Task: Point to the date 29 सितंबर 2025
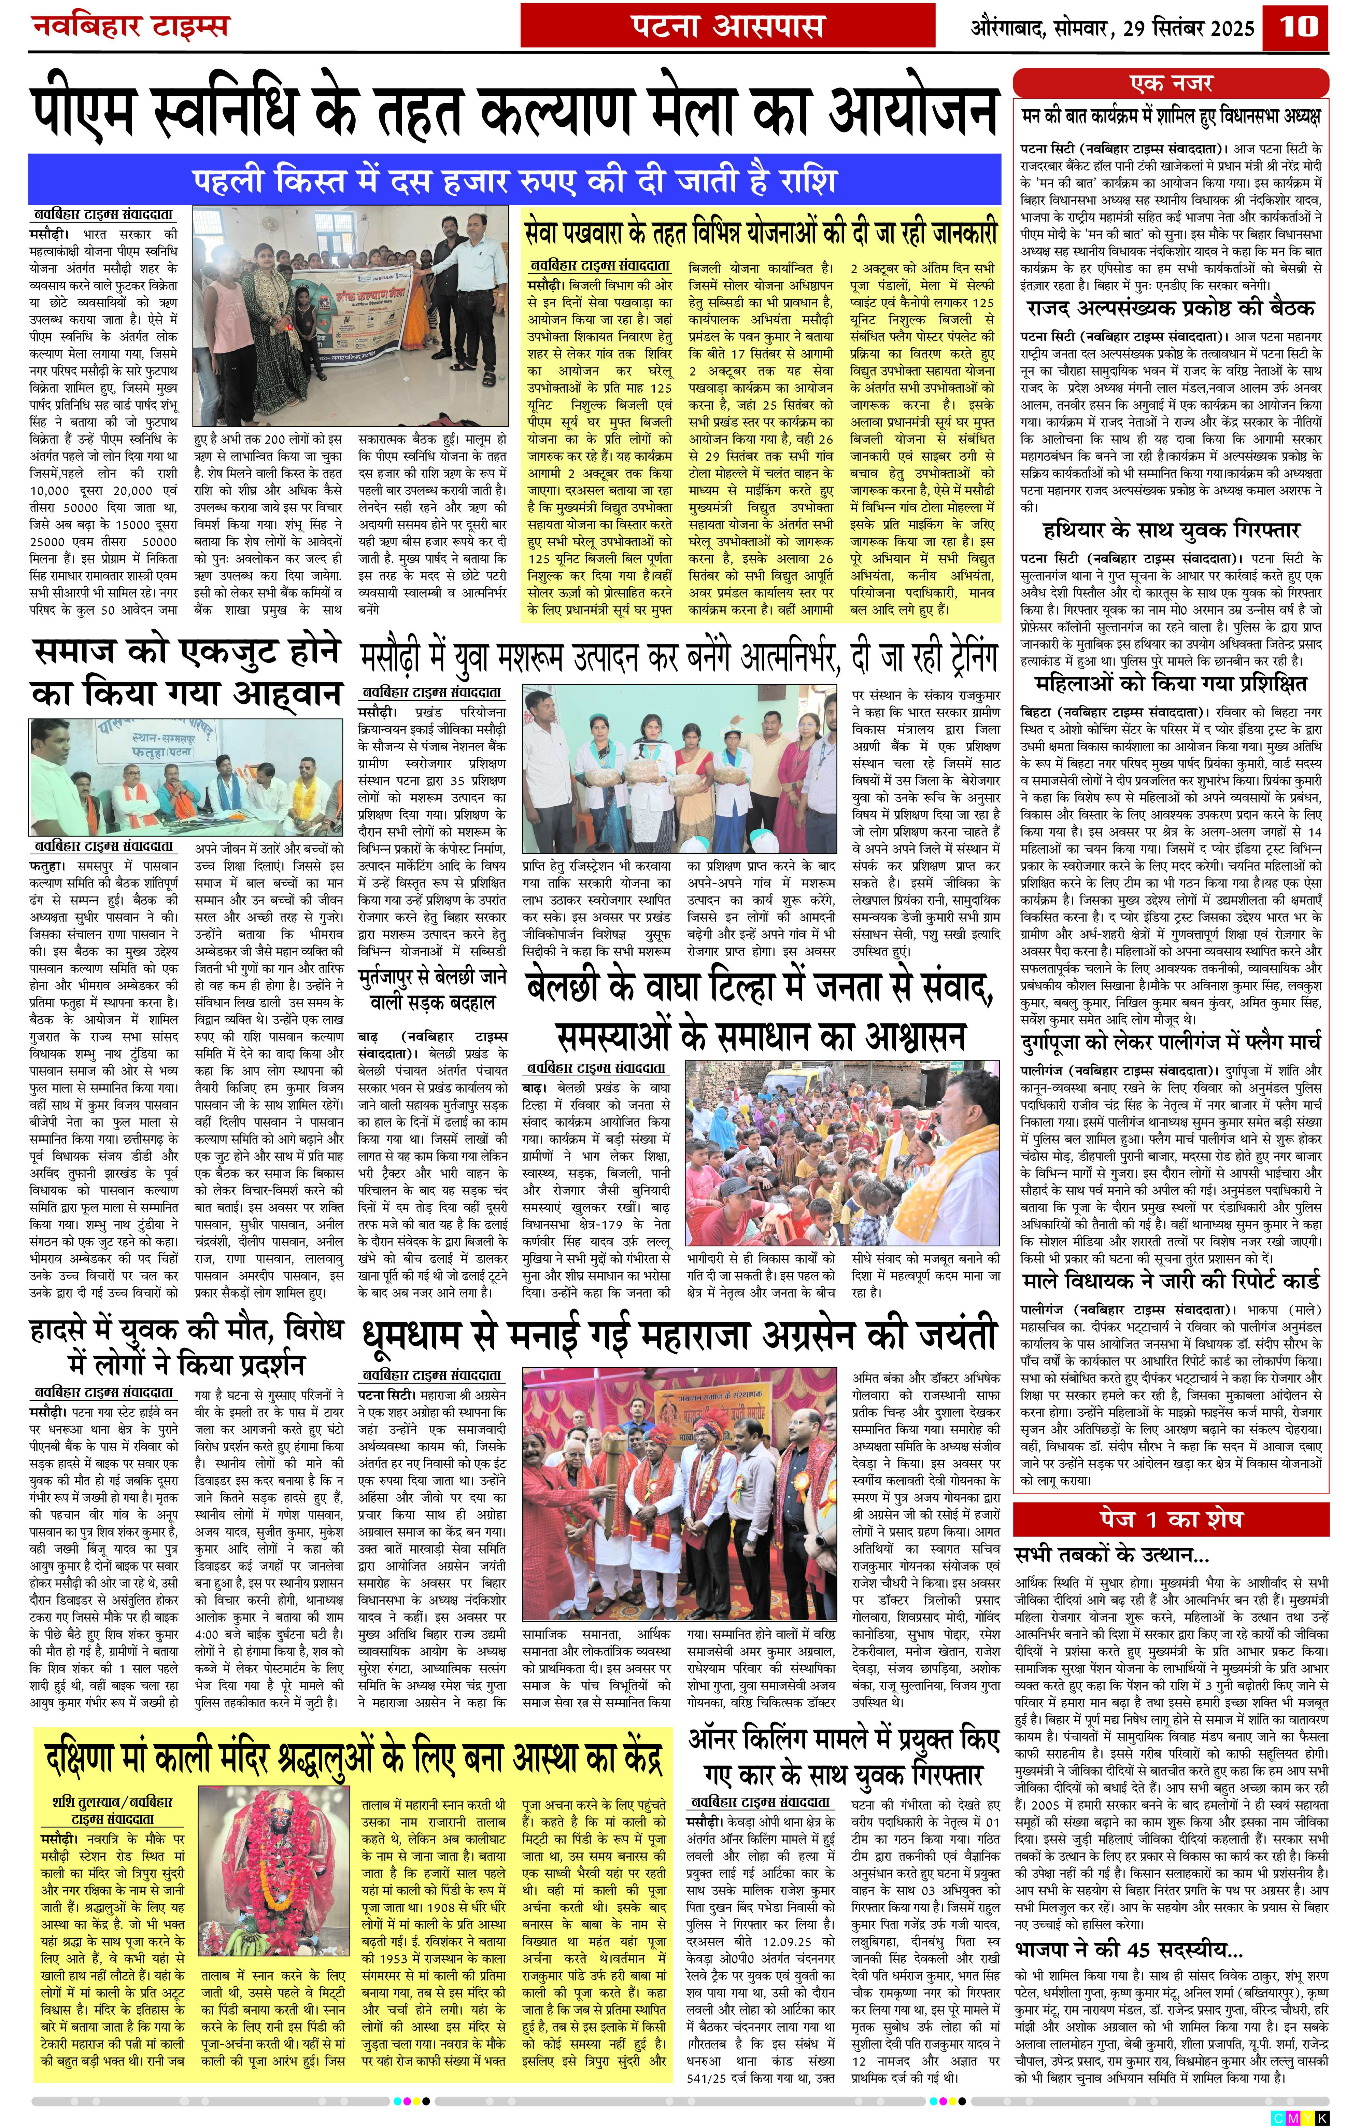pos(1189,28)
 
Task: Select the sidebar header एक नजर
pos(1171,84)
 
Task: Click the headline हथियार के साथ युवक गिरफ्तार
pos(1171,530)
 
